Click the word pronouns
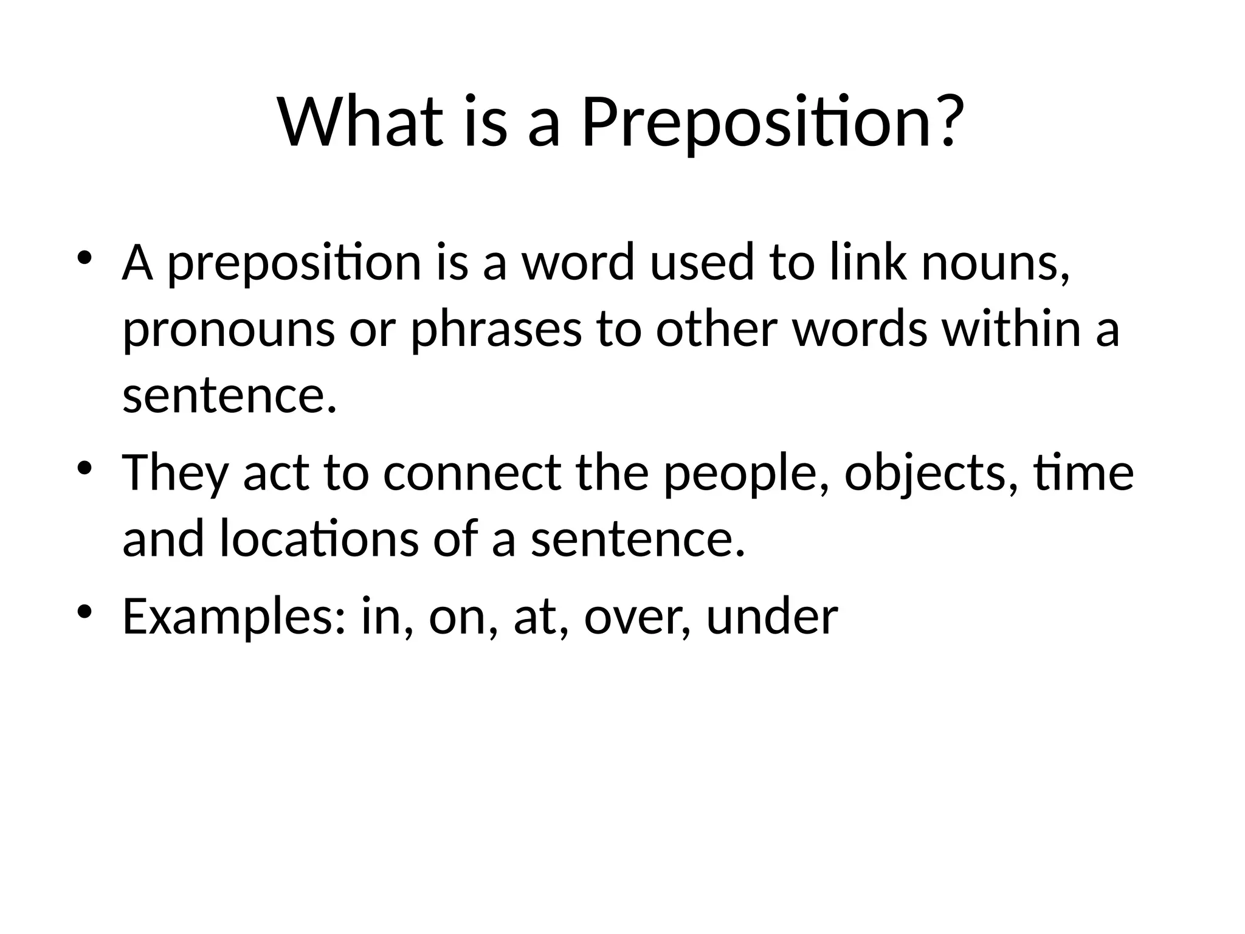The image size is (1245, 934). point(229,332)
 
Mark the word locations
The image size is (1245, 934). point(319,539)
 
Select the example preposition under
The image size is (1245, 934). point(772,617)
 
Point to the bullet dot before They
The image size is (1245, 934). point(84,467)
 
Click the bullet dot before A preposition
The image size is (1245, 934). point(84,256)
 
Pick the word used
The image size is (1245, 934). point(702,263)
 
